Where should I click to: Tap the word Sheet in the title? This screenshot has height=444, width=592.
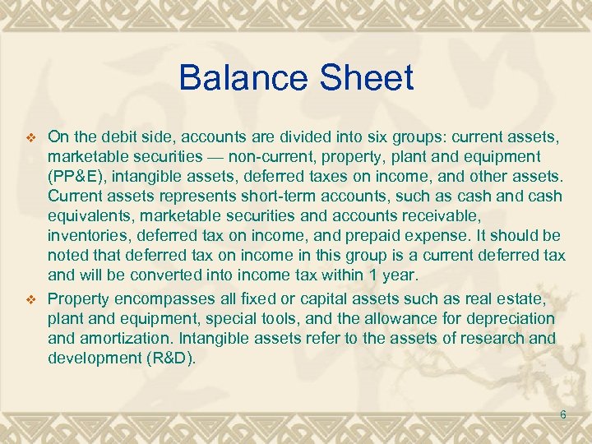(x=363, y=78)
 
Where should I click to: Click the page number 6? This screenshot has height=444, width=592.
(x=562, y=414)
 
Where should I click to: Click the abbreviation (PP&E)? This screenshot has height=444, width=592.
(x=77, y=176)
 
